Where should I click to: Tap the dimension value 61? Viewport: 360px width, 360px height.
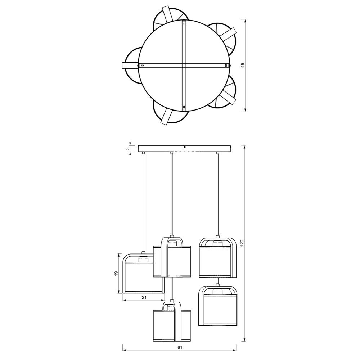click(x=180, y=347)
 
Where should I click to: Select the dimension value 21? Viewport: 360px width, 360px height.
click(x=144, y=298)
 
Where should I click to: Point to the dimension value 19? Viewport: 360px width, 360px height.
click(x=116, y=273)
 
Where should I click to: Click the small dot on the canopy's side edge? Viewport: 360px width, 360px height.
click(x=185, y=147)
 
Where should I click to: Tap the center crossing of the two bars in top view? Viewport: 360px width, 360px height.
click(x=184, y=66)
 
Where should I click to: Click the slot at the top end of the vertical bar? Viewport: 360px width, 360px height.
click(x=184, y=23)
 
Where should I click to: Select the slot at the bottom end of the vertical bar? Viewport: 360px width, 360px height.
click(x=184, y=107)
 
